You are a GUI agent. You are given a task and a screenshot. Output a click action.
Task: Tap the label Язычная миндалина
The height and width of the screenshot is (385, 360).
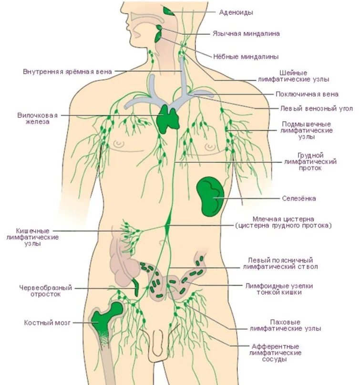coord(246,34)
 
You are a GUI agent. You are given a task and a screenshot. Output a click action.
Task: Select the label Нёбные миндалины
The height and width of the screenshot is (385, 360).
coord(246,56)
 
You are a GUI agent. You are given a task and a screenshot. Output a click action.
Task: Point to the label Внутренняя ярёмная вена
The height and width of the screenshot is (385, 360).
coord(67,72)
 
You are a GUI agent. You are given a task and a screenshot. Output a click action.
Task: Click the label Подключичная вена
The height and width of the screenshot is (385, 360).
coord(307,94)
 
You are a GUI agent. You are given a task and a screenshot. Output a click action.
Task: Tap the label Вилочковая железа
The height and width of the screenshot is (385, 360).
coord(38,118)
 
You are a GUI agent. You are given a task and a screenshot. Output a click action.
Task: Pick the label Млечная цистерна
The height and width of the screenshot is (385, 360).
coord(283,221)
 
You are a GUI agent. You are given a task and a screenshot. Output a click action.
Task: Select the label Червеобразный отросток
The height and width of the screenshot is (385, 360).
coord(45,291)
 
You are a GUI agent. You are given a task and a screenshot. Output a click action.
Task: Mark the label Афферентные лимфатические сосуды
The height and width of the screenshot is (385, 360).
coord(275,353)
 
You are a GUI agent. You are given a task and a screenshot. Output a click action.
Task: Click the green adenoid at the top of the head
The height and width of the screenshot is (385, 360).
coord(168,10)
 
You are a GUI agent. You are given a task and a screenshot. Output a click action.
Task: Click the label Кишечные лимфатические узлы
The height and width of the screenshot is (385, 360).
coord(33,237)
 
